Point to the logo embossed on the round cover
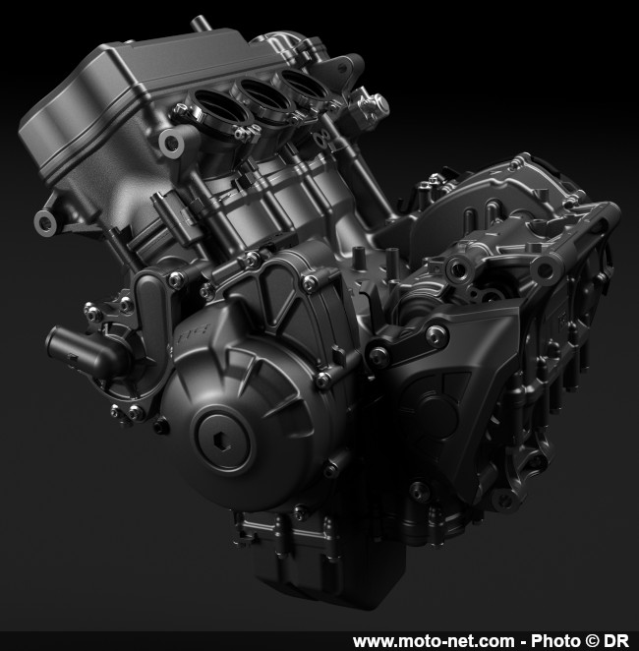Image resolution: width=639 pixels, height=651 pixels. point(195,333)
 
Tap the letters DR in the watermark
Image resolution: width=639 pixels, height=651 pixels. point(615,640)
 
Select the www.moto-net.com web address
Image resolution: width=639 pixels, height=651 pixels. point(434,641)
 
